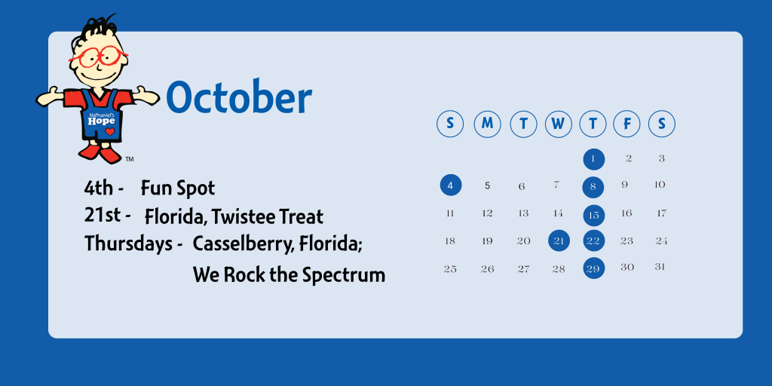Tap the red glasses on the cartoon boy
99,56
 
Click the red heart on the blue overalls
110,131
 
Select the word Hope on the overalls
102,121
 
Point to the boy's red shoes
100,152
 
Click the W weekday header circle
559,124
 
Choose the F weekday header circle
626,124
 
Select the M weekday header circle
488,124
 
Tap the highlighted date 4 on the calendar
451,185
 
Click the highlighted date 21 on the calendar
559,240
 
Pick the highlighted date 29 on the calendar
594,268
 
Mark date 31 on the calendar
660,267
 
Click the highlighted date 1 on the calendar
594,159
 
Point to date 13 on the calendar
523,213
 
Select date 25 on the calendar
450,269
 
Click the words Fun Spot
178,188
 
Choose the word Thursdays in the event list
130,244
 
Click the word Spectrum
344,274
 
